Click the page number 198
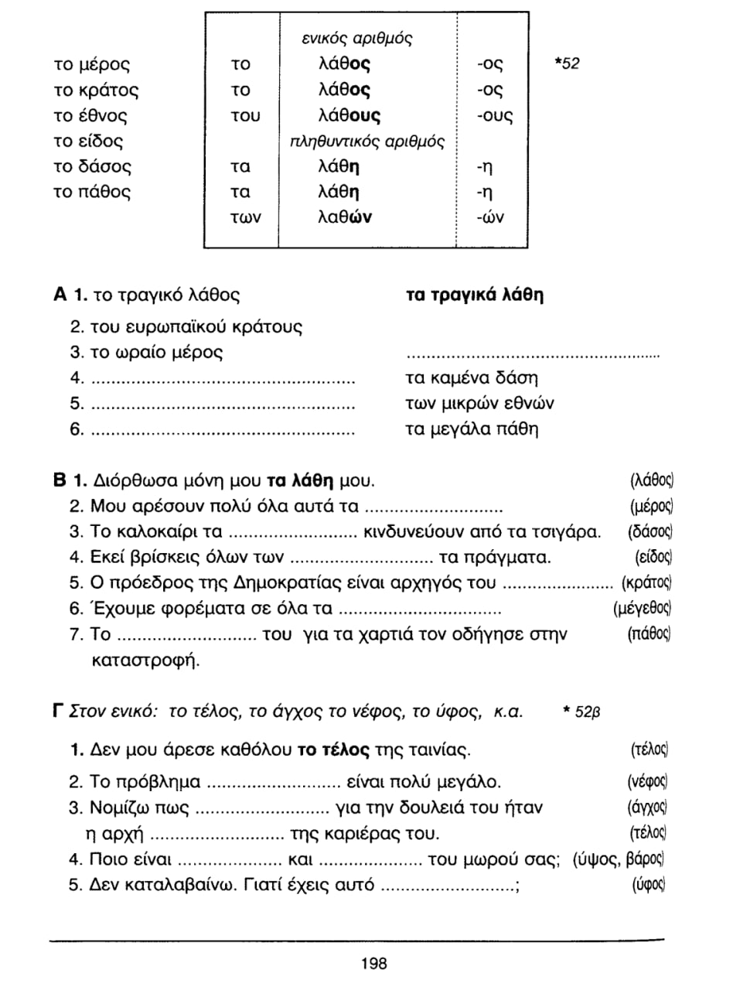point(373,964)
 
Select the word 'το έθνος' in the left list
point(90,116)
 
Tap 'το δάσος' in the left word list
point(93,167)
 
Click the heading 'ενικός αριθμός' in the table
point(356,39)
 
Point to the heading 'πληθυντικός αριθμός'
point(366,142)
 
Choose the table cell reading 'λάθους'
point(349,116)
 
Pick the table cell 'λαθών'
point(345,218)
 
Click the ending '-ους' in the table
point(494,116)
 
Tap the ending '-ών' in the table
point(490,218)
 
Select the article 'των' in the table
point(246,218)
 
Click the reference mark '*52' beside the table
point(567,64)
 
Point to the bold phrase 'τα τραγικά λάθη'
point(474,295)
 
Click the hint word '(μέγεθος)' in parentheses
point(642,609)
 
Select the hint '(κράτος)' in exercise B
point(646,583)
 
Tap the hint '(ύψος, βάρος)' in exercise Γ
point(619,859)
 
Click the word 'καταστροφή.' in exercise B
point(145,661)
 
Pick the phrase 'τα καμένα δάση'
point(472,378)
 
